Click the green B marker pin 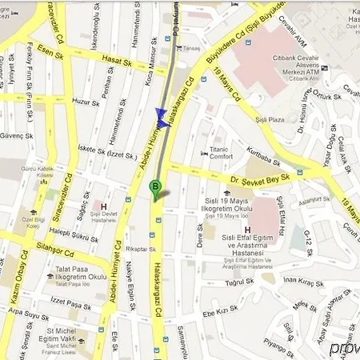coord(155,189)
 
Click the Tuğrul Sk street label coord(238,282)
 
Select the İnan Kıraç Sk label coord(303,283)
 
